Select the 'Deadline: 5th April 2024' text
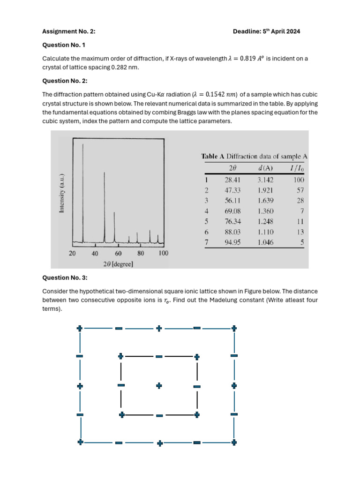[266, 31]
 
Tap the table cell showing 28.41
[232, 180]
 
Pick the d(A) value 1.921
[265, 190]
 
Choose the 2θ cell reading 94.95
[232, 243]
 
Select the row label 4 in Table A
[206, 211]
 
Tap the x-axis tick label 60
[118, 254]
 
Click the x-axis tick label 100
[163, 254]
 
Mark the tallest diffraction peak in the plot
[83, 145]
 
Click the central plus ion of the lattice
[159, 385]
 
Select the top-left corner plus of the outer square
[80, 328]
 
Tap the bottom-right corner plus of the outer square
[234, 442]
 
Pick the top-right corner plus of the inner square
[197, 357]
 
